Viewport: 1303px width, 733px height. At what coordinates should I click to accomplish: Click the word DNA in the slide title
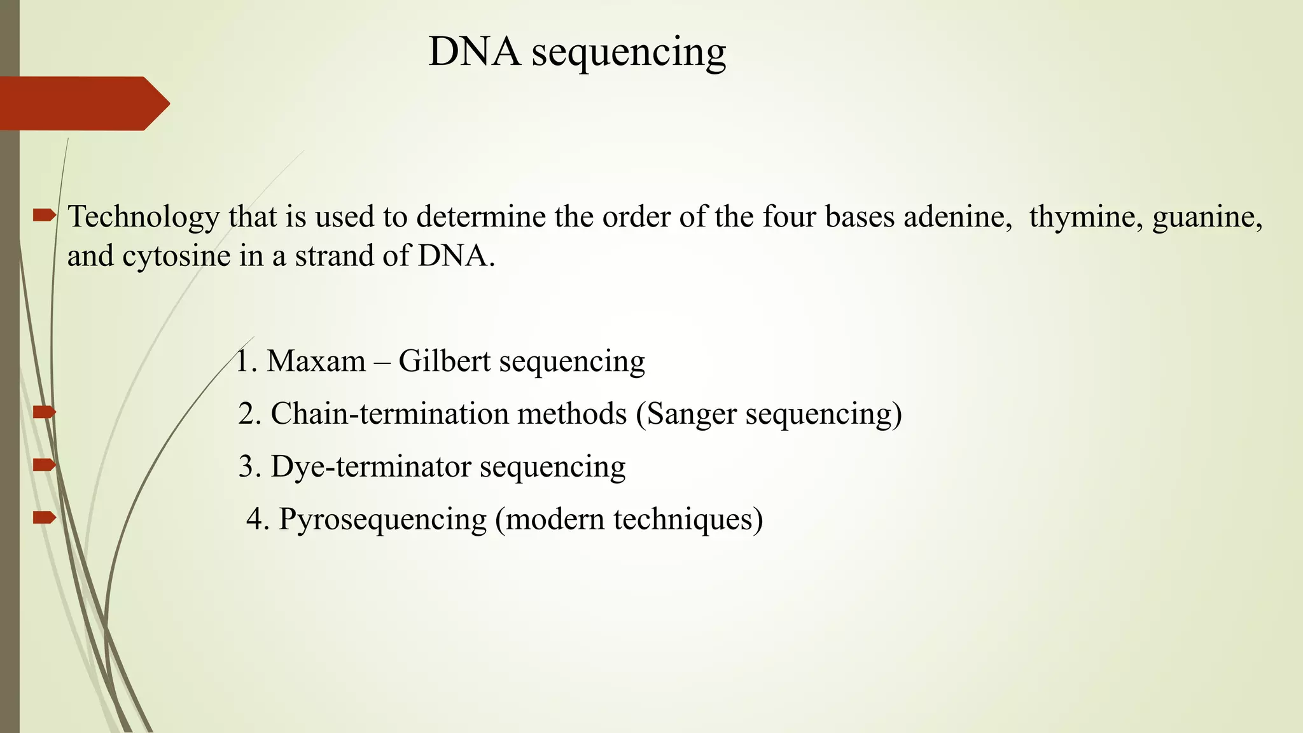(x=474, y=52)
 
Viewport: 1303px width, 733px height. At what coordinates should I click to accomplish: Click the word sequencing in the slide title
(x=629, y=53)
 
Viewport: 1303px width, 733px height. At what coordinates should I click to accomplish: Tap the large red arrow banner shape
(x=83, y=103)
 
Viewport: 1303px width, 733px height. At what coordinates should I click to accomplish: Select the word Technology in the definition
(x=143, y=218)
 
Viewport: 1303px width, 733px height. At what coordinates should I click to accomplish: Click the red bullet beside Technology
(x=45, y=216)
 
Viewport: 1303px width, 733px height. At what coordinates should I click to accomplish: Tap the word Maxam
(x=316, y=361)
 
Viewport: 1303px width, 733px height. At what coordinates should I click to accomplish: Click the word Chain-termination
(x=385, y=414)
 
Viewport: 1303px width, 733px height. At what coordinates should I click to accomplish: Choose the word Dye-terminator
(x=371, y=466)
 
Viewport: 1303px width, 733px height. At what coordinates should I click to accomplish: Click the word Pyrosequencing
(x=382, y=520)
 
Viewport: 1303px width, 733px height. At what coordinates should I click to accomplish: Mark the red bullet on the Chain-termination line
(x=45, y=412)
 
